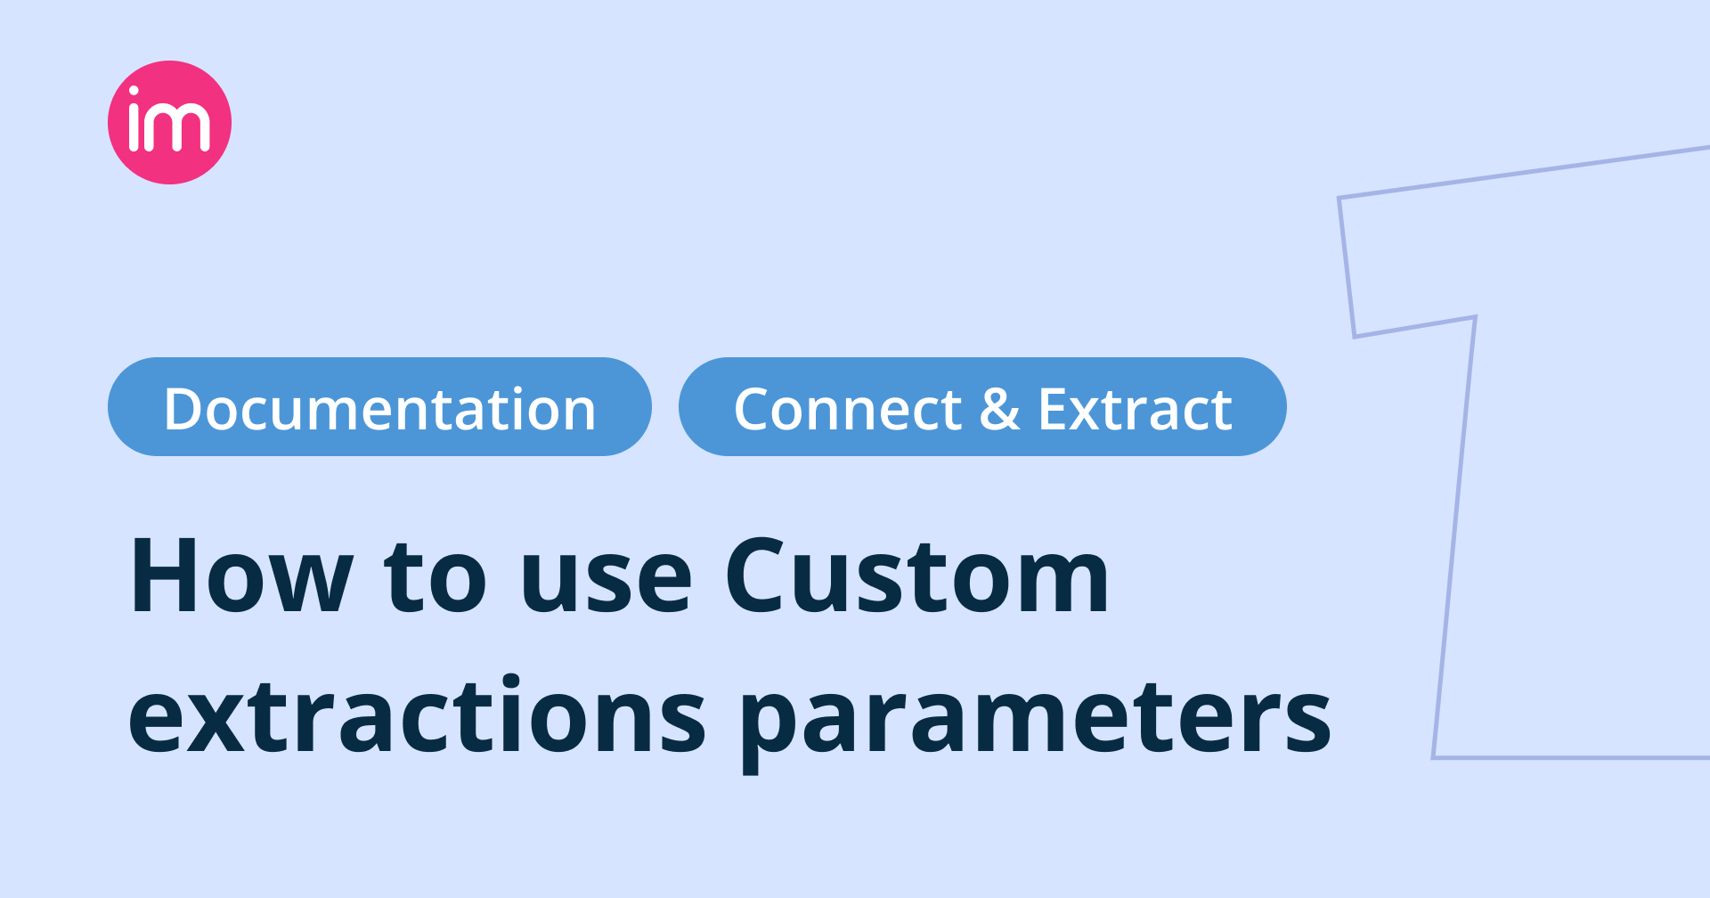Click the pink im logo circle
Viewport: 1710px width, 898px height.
(169, 122)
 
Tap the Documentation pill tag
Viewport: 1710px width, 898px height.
(379, 407)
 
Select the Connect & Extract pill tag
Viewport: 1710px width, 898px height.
(982, 407)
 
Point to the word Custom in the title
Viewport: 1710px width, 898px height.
(917, 576)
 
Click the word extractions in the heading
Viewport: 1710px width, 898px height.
(417, 715)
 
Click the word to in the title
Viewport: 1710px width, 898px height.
(436, 578)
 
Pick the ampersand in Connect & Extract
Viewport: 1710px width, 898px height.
(999, 410)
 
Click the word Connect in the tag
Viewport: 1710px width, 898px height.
(847, 410)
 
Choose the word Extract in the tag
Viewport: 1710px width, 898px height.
(1135, 410)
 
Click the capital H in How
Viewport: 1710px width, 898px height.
(164, 576)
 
